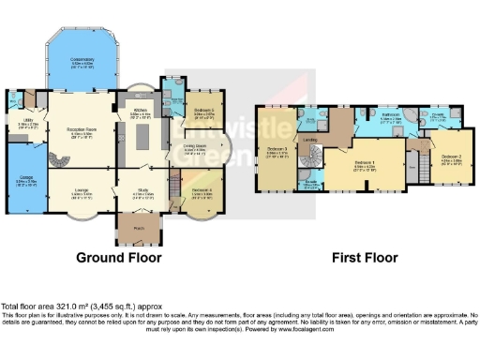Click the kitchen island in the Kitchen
(143, 138)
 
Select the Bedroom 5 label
(203, 113)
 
